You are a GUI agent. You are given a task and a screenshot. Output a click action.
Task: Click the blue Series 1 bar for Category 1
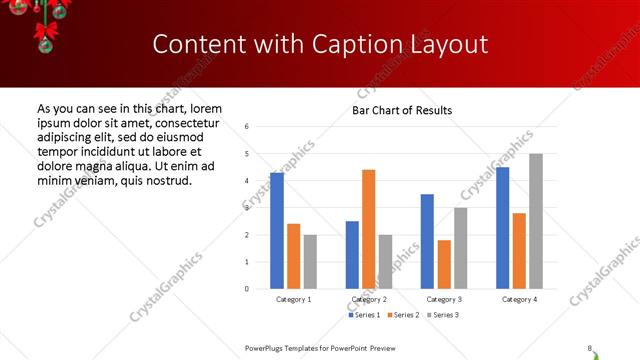[277, 231]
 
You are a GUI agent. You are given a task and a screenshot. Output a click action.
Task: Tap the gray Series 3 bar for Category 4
[536, 221]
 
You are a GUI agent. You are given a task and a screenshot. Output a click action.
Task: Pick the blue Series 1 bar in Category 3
[427, 241]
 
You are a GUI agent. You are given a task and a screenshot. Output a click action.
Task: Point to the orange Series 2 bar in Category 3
[444, 264]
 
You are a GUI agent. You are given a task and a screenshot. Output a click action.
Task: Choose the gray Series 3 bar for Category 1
[310, 262]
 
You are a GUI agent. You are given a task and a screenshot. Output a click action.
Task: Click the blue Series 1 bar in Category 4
[502, 228]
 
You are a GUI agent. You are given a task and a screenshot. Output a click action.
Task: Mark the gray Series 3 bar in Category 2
[385, 262]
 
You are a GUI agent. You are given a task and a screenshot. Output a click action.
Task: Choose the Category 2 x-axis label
[369, 299]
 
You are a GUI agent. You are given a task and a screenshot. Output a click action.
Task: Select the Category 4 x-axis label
[519, 299]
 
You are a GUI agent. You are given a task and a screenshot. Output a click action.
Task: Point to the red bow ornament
[44, 35]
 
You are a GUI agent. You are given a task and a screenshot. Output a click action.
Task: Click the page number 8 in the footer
[589, 348]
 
